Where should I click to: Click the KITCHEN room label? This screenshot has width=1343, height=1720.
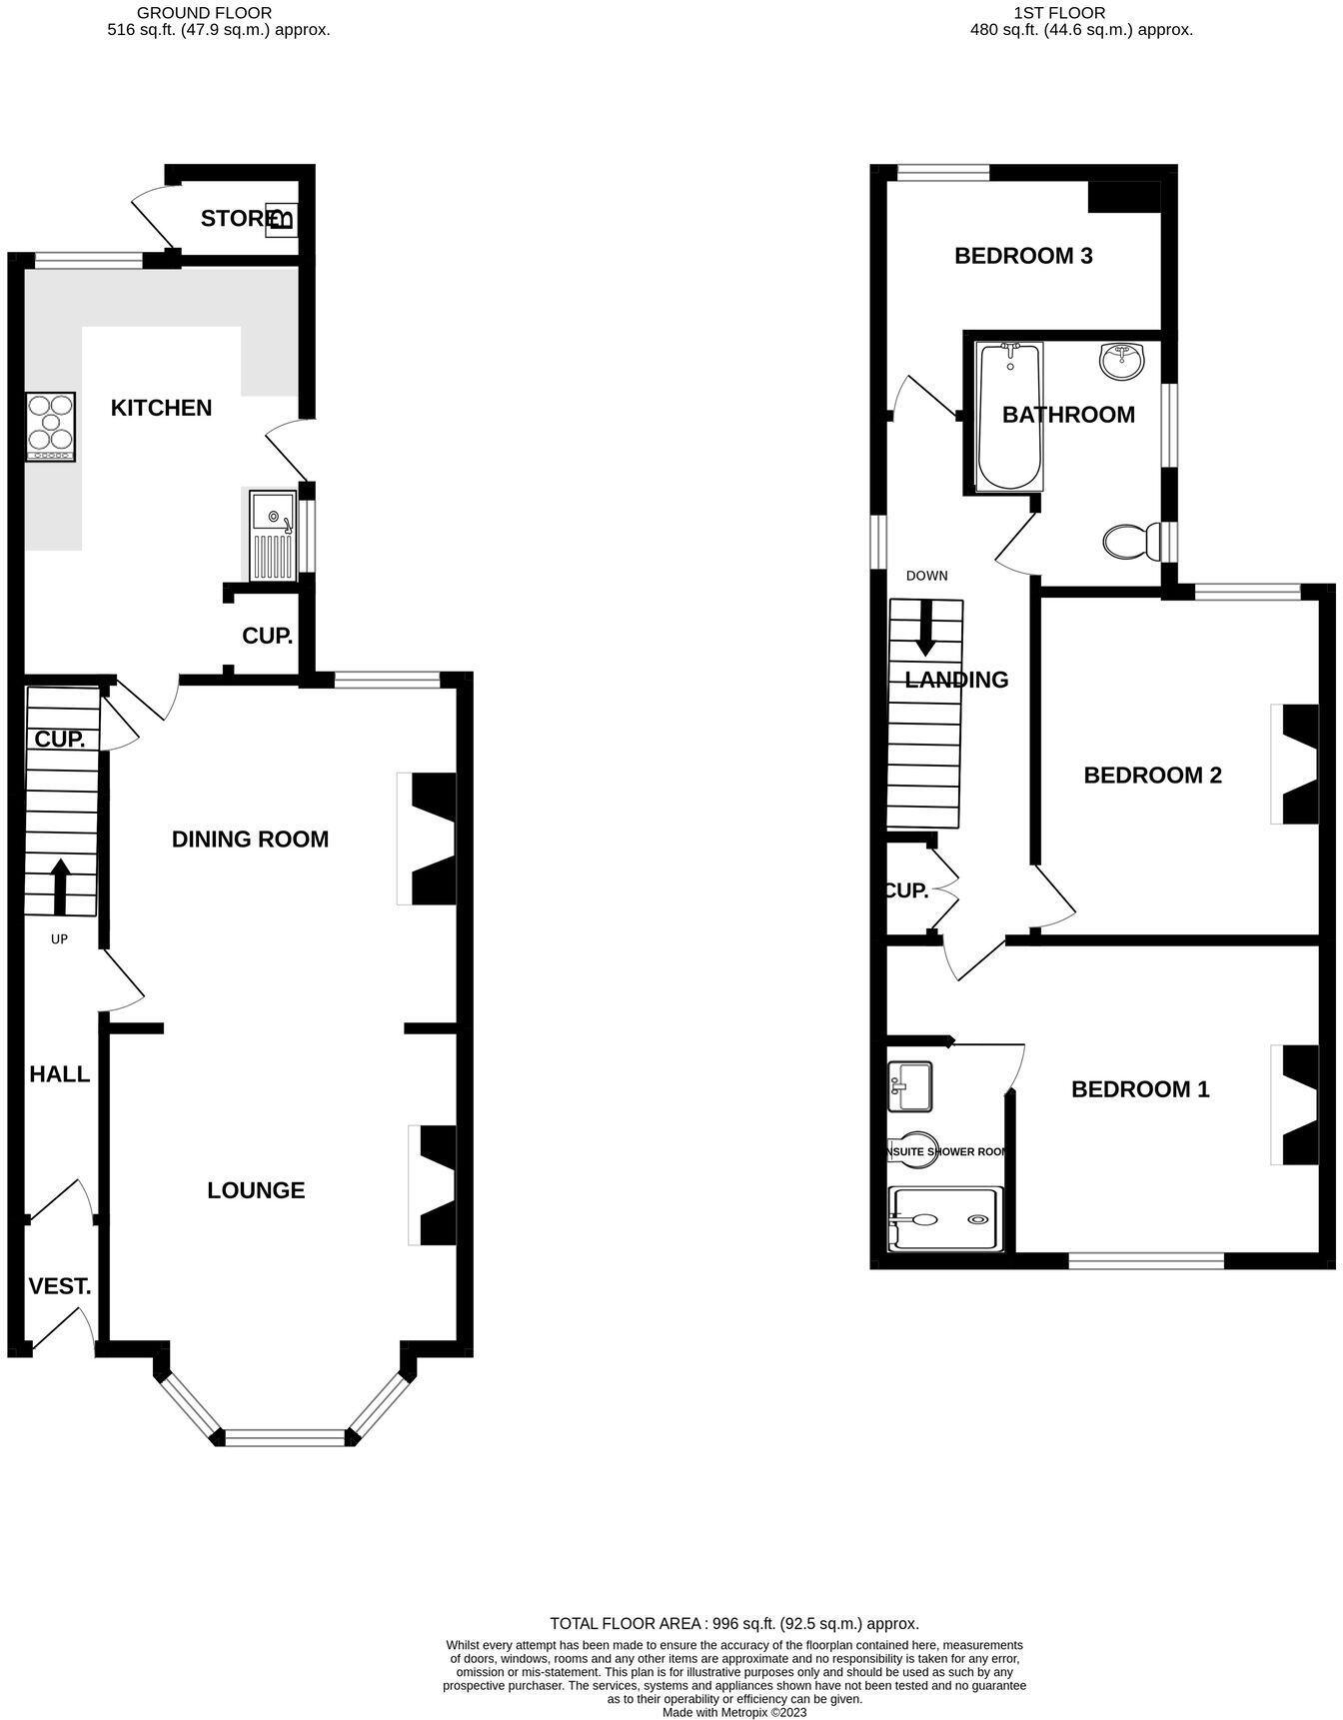tap(161, 408)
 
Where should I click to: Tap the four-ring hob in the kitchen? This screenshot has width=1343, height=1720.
tap(51, 427)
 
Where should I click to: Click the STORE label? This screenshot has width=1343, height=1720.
tap(236, 218)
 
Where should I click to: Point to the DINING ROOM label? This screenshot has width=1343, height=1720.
tap(250, 839)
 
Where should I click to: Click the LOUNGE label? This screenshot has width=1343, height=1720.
tap(256, 1189)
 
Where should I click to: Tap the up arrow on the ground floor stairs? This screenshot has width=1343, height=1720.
tap(60, 886)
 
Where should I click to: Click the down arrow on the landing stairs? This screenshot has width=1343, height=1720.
tap(925, 628)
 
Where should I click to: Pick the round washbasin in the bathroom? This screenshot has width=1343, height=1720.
tap(1124, 362)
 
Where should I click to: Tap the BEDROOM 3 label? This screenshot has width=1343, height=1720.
tap(1023, 256)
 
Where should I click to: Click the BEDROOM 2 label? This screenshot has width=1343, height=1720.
tap(1152, 775)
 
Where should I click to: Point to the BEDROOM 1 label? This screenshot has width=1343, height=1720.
tap(1139, 1088)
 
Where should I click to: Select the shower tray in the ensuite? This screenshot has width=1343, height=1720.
tap(944, 1218)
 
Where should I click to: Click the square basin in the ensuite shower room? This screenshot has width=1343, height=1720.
tap(909, 1086)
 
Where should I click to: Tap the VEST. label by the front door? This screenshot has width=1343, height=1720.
tap(60, 1286)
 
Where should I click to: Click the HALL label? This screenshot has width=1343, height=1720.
tap(60, 1074)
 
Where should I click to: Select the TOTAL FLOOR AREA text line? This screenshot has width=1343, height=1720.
tap(734, 1623)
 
